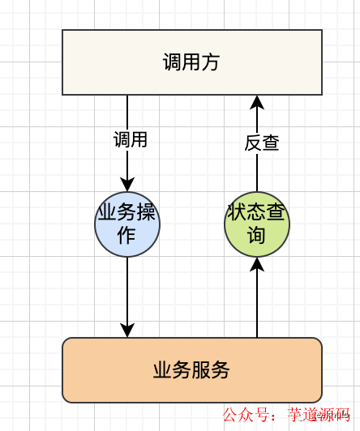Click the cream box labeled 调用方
point(192,62)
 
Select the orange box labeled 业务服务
point(192,370)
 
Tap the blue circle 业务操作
point(127,224)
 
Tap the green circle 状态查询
point(257,224)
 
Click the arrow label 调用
point(131,139)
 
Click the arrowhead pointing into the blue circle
point(127,185)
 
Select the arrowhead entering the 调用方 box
point(257,102)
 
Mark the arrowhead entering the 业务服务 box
point(127,330)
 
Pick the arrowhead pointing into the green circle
point(257,264)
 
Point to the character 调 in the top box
point(172,62)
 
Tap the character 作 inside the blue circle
point(127,236)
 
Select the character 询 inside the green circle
point(257,236)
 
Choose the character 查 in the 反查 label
point(271,143)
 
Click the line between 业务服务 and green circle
point(257,304)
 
